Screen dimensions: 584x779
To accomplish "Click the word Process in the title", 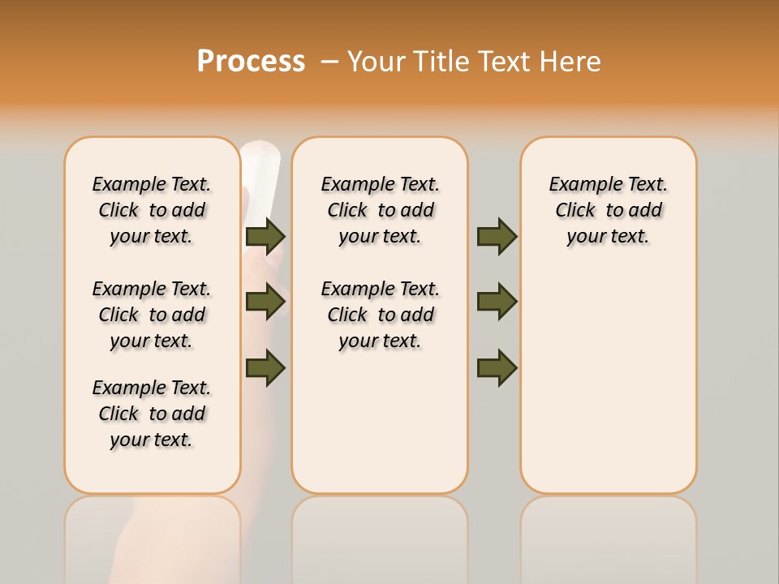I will click(251, 62).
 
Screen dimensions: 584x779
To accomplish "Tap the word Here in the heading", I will click(570, 62).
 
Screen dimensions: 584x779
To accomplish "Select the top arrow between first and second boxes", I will click(265, 236).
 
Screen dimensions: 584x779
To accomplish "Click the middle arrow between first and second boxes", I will click(265, 302).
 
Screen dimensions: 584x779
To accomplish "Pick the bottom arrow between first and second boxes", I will click(265, 367).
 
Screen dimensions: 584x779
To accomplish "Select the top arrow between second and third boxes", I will click(497, 236).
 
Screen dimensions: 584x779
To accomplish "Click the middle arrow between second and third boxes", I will click(497, 302).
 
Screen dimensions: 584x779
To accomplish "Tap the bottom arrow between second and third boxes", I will click(497, 367).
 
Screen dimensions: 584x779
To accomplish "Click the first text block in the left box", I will click(152, 210).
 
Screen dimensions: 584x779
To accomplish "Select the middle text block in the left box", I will click(152, 315).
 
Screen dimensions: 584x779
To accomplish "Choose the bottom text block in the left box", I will click(152, 414).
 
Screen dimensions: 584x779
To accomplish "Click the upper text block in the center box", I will click(380, 210).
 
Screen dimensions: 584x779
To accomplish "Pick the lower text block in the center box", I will click(380, 315).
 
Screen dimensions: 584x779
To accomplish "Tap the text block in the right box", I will click(608, 210).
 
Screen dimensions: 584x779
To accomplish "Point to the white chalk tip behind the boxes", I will click(260, 158).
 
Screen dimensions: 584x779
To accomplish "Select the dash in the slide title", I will click(329, 62).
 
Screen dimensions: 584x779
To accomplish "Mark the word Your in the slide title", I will click(377, 62).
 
